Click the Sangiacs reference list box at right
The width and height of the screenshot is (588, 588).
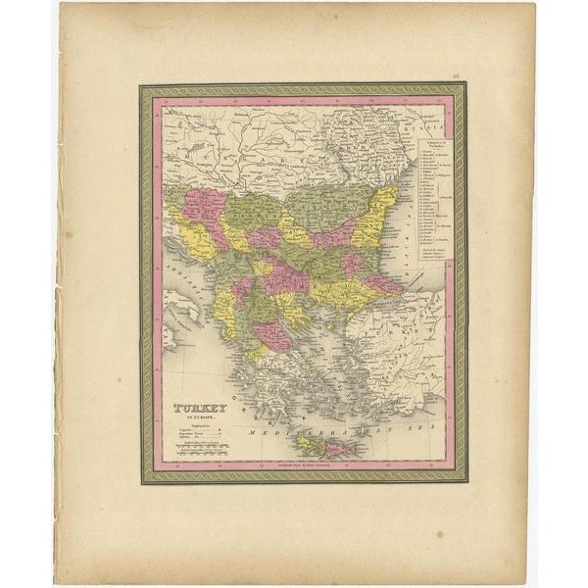[427, 192]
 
